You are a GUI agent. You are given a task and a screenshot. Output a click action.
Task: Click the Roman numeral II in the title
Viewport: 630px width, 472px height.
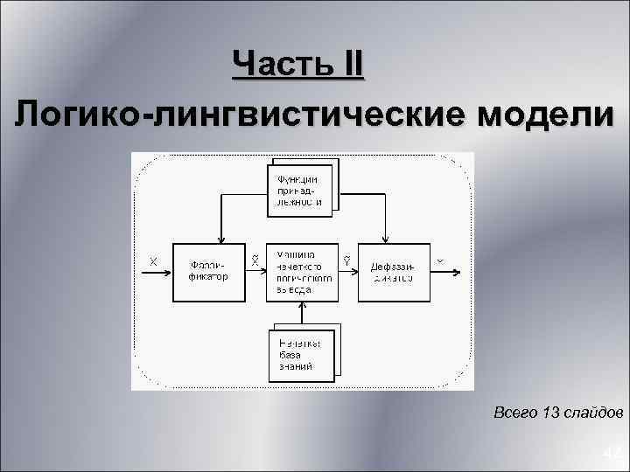click(x=347, y=66)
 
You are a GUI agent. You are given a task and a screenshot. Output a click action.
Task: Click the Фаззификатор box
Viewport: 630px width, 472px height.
click(x=207, y=272)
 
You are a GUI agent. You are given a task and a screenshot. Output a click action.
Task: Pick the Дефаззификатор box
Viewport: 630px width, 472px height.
click(x=391, y=272)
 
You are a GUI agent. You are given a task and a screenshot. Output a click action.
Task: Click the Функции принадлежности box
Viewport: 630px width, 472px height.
click(x=300, y=190)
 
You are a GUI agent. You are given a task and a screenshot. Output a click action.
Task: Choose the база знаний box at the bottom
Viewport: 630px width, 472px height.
click(x=301, y=355)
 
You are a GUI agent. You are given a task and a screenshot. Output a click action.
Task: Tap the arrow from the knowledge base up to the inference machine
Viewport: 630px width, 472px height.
click(x=302, y=314)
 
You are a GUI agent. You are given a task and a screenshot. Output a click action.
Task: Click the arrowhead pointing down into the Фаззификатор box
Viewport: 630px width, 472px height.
click(x=220, y=238)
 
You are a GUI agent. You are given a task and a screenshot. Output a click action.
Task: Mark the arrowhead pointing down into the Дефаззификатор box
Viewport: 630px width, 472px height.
click(x=385, y=238)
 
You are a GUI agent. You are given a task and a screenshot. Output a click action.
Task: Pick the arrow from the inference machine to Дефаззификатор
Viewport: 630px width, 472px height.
click(x=347, y=272)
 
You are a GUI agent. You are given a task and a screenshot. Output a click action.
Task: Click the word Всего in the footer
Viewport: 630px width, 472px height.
click(x=515, y=411)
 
